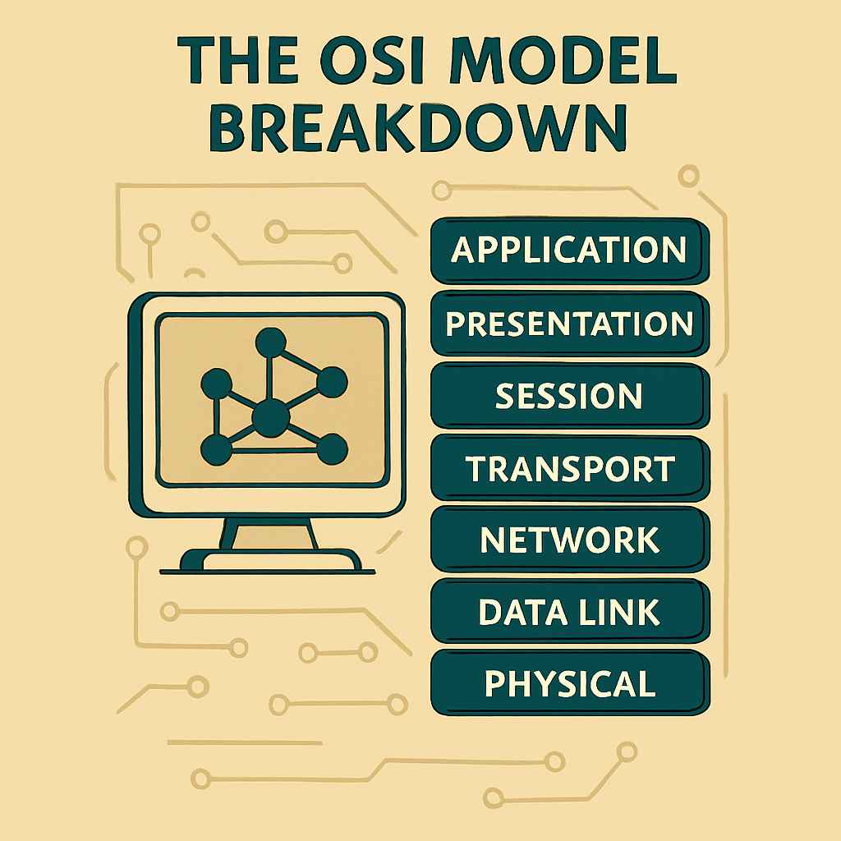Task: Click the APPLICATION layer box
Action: click(569, 250)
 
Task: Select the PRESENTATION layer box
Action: click(569, 323)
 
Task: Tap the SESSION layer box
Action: click(569, 395)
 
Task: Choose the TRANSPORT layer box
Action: click(569, 468)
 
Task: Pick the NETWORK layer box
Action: click(569, 540)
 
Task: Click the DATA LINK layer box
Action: click(569, 612)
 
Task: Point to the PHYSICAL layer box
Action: click(569, 683)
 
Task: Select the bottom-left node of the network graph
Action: click(216, 448)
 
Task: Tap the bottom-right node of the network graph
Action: click(330, 448)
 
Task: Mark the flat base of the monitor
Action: click(270, 563)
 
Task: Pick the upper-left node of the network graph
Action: click(216, 384)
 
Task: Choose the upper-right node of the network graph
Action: click(331, 382)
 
